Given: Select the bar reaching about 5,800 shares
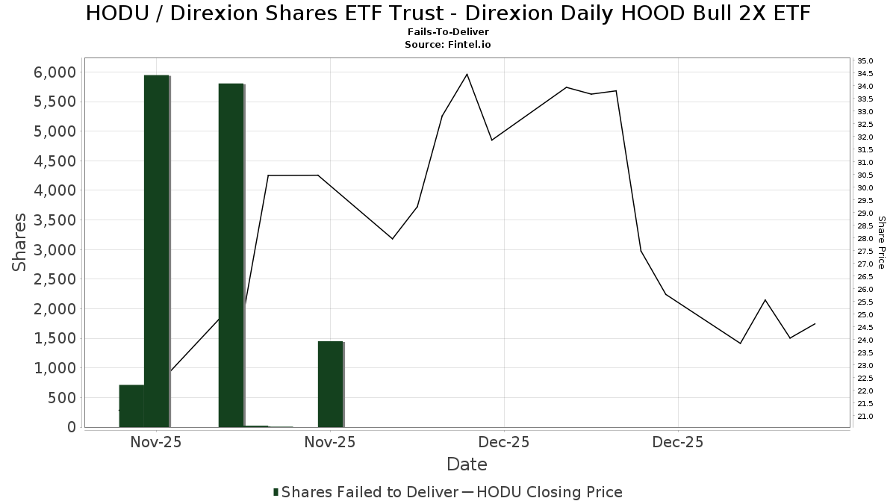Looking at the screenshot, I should tap(231, 254).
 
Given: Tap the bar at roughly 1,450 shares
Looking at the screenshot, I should tap(330, 384).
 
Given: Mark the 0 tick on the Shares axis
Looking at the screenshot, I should tap(72, 426).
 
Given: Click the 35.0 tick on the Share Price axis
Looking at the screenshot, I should tap(865, 60).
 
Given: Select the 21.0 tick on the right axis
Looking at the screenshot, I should tap(865, 416).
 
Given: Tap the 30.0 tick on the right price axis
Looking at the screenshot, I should tap(865, 187).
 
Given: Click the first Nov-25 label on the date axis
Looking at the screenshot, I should tap(156, 442).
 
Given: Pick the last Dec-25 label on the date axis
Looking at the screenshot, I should tap(678, 442).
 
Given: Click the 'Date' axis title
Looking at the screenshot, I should tap(467, 464).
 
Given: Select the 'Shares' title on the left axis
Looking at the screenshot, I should tap(20, 243).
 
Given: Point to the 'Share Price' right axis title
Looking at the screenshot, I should tap(881, 243).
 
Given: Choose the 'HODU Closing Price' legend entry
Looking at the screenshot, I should tap(549, 492).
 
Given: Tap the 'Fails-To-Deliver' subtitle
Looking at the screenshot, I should tap(448, 33).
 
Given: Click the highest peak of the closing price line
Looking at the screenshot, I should tap(467, 74).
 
